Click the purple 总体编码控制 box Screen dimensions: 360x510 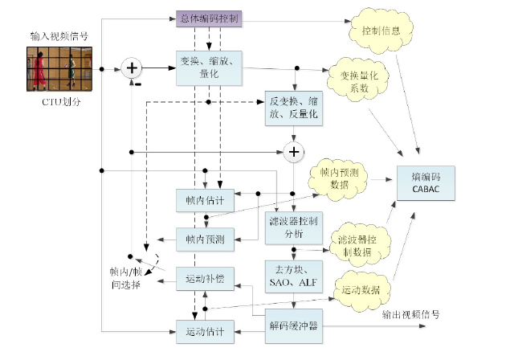pos(208,18)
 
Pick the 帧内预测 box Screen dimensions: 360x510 pos(205,238)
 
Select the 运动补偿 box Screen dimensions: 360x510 pos(205,280)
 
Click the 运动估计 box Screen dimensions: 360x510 pos(205,330)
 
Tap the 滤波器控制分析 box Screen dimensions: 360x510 pos(294,227)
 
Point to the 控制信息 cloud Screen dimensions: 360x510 pos(381,31)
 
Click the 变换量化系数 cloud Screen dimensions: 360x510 pos(358,81)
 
